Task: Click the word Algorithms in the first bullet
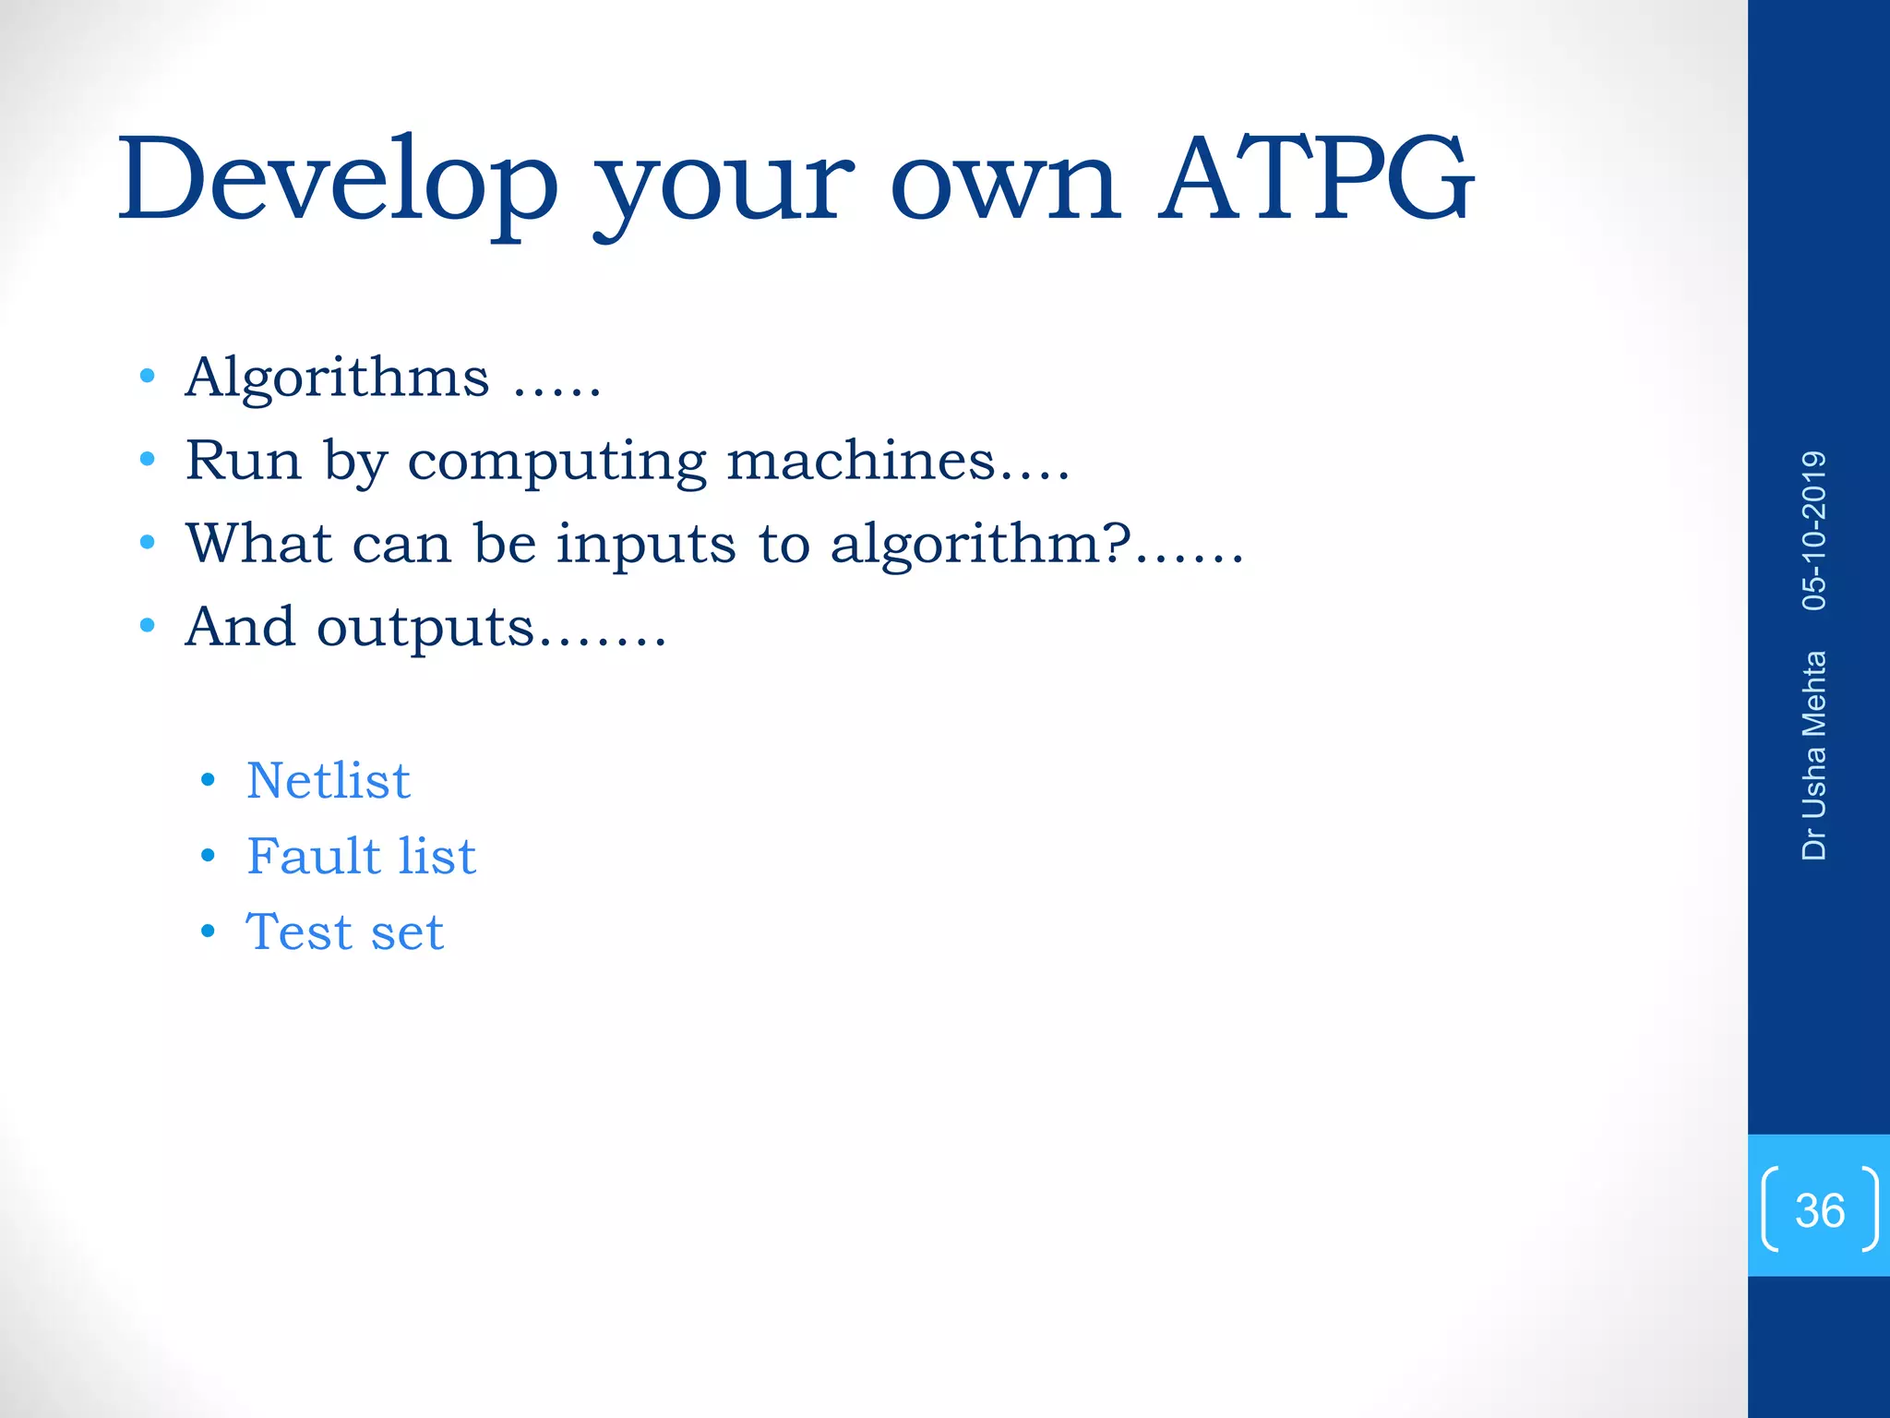coord(337,378)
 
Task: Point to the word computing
coord(556,462)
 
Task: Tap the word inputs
coord(646,545)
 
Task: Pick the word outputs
coord(425,628)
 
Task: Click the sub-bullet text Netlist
coord(329,781)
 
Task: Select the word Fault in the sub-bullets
coord(313,856)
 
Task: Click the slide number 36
coord(1819,1210)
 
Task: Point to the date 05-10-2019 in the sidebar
coord(1814,531)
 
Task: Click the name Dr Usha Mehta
coord(1814,756)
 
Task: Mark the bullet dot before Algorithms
coord(147,377)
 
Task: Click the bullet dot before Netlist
coord(208,781)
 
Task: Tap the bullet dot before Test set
coord(208,932)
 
